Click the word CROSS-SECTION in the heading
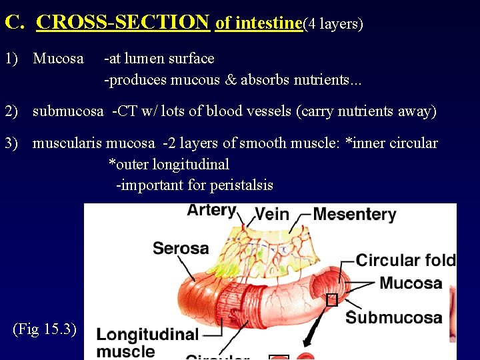(123, 23)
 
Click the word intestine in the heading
(259, 23)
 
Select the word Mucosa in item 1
(58, 59)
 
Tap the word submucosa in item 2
(68, 111)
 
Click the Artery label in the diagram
(211, 211)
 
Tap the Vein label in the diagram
(272, 214)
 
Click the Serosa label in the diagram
(181, 249)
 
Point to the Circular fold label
(405, 260)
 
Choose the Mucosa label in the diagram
(411, 283)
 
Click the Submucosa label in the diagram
(393, 317)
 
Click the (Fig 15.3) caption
(45, 329)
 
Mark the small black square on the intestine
(331, 300)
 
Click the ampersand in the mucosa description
(231, 81)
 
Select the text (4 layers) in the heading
(333, 24)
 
